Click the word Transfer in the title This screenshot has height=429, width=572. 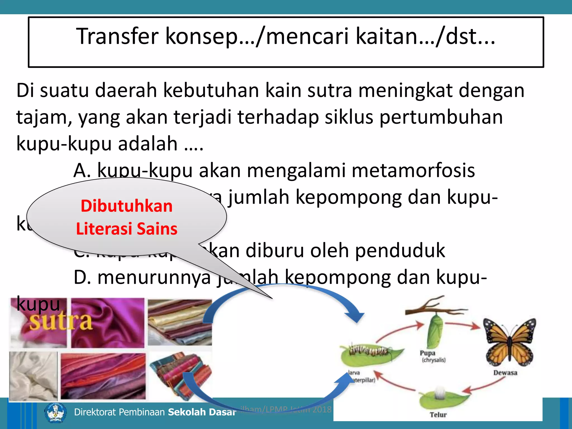(x=117, y=36)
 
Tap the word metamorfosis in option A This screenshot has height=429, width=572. (x=413, y=170)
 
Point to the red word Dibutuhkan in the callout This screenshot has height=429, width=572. (x=127, y=206)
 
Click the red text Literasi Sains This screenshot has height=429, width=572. (x=127, y=229)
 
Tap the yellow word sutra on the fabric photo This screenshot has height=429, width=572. (x=61, y=321)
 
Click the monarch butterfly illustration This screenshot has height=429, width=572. (x=510, y=342)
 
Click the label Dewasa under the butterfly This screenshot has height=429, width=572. (x=505, y=373)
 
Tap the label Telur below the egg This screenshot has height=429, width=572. (x=438, y=415)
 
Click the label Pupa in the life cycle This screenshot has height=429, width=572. (x=428, y=353)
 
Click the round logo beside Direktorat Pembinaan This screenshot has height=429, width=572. (x=56, y=412)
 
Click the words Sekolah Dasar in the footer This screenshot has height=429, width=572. (x=202, y=412)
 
